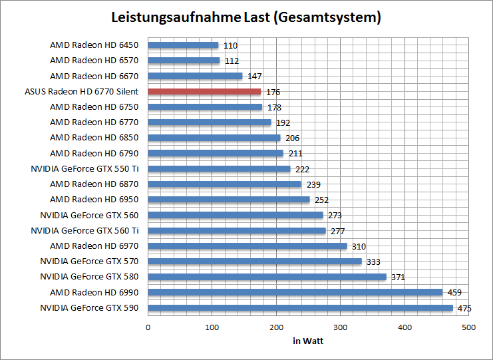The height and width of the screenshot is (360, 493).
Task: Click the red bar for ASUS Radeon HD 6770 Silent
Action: pyautogui.click(x=204, y=91)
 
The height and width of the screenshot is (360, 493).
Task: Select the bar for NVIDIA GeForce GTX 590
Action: pyautogui.click(x=300, y=307)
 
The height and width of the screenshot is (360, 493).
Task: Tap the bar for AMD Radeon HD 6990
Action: pyautogui.click(x=295, y=292)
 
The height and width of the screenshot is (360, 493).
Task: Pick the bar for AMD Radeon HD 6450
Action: pyautogui.click(x=183, y=45)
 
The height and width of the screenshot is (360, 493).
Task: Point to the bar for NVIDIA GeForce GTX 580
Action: pyautogui.click(x=267, y=277)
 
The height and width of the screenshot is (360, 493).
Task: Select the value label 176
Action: pyautogui.click(x=272, y=92)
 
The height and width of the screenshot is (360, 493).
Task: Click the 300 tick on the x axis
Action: pyautogui.click(x=340, y=327)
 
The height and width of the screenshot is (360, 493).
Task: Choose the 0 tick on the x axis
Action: pyautogui.click(x=148, y=327)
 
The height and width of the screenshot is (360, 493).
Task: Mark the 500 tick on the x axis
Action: pyautogui.click(x=468, y=327)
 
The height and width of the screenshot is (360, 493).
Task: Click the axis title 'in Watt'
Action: pyautogui.click(x=308, y=341)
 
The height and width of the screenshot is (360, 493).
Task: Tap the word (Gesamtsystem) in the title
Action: pyautogui.click(x=327, y=18)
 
